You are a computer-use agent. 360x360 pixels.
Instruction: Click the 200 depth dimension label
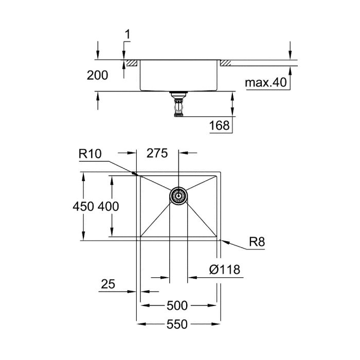[98, 76]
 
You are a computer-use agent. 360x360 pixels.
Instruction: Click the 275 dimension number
[157, 153]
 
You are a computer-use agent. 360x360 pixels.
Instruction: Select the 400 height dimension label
[108, 207]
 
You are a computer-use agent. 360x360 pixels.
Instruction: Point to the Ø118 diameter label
[225, 269]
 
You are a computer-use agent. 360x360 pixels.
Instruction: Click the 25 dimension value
[107, 284]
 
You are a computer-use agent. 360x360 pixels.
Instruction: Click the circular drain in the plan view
[178, 195]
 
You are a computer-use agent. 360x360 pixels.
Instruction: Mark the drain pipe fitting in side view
[178, 105]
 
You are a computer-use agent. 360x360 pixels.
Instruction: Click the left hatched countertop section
[131, 63]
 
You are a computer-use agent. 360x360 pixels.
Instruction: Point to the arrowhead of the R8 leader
[222, 239]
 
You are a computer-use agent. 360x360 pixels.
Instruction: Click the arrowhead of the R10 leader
[137, 174]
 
